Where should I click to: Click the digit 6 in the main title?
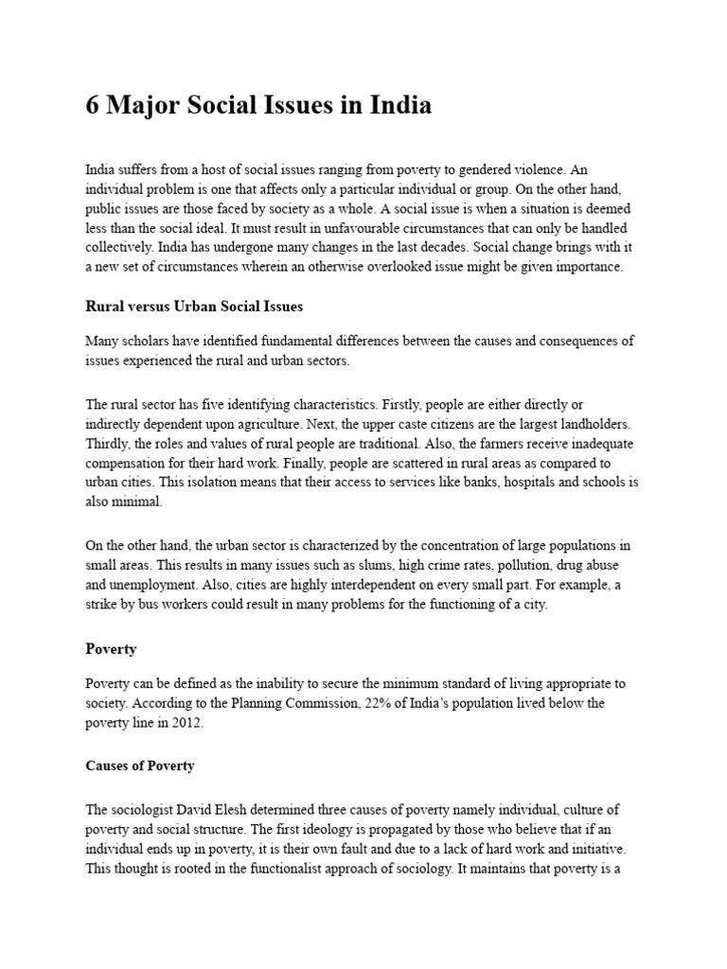point(93,106)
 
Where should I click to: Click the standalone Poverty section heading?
point(111,650)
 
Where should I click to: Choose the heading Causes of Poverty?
point(140,766)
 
